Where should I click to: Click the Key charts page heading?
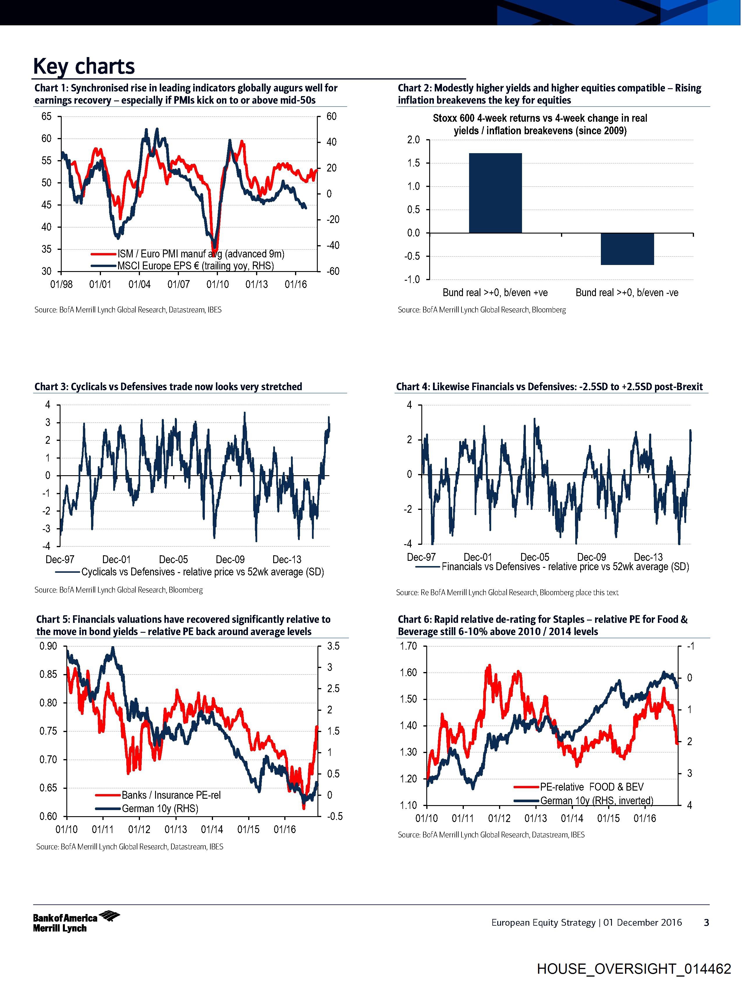click(x=84, y=66)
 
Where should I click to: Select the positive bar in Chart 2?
click(x=495, y=193)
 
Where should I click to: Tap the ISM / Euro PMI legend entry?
click(x=200, y=254)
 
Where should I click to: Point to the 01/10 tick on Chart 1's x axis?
click(x=218, y=284)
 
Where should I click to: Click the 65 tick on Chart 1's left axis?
click(x=46, y=117)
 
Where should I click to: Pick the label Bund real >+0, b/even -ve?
click(x=627, y=293)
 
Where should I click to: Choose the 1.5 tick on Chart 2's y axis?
click(x=413, y=163)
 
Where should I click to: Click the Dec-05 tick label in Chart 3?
click(x=173, y=560)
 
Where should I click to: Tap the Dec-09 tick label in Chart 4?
click(x=591, y=557)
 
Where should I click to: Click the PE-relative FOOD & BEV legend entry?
click(x=591, y=787)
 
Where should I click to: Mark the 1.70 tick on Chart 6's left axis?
click(x=408, y=646)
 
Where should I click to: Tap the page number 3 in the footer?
click(x=707, y=923)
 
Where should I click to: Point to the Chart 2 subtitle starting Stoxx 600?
click(x=540, y=125)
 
